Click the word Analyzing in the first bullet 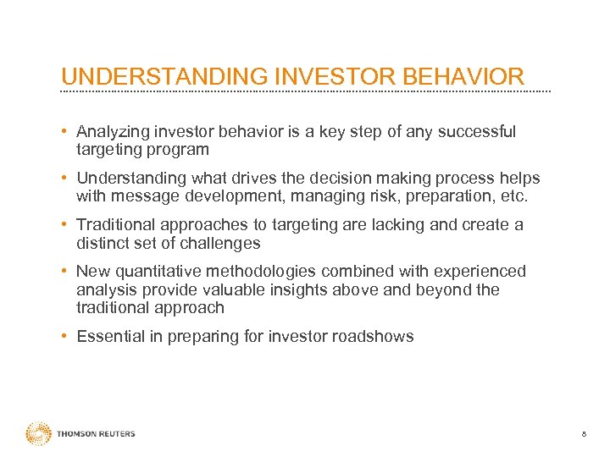click(108, 132)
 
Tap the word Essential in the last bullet click(108, 337)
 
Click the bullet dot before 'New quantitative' click(65, 272)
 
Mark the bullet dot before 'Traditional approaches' click(65, 225)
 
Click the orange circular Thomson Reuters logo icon click(38, 433)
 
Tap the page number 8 click(583, 434)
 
